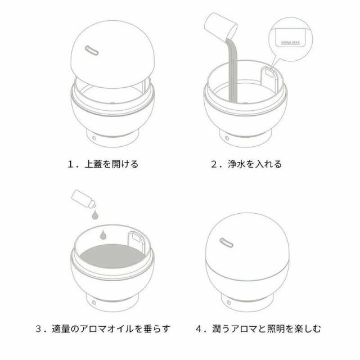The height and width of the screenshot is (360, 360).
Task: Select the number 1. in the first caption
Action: point(71,165)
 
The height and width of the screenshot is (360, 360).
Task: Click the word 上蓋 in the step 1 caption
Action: point(94,165)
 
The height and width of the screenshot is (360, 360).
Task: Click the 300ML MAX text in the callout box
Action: point(293,42)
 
